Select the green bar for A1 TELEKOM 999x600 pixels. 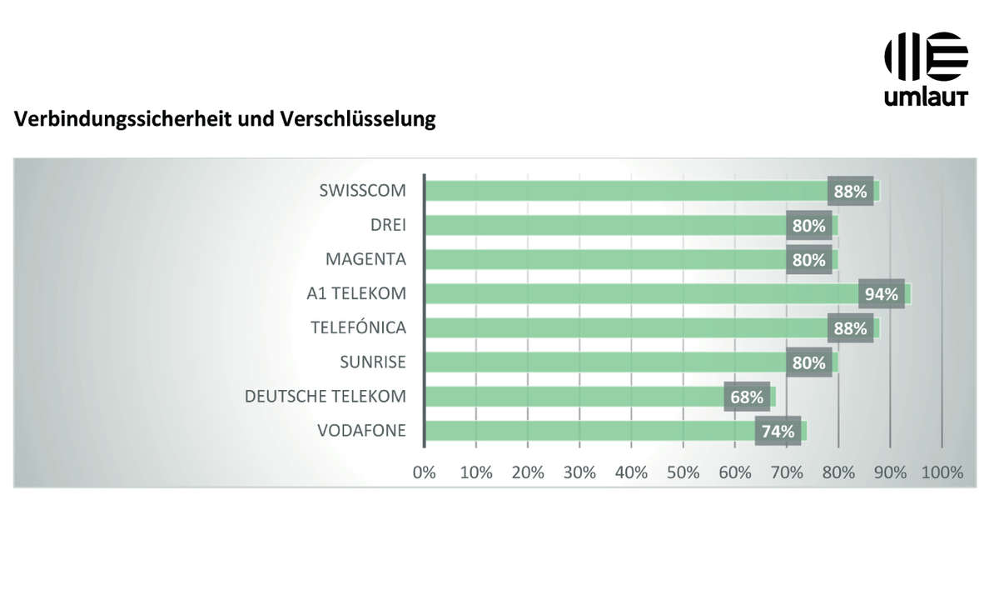(x=641, y=294)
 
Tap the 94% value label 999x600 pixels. (x=882, y=294)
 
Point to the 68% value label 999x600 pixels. (x=747, y=397)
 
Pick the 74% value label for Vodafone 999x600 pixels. (x=778, y=432)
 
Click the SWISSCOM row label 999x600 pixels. (x=362, y=191)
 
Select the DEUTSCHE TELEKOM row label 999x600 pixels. (x=326, y=397)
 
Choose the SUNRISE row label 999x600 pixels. (x=373, y=362)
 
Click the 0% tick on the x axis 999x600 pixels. (x=425, y=472)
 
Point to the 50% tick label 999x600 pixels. (x=683, y=472)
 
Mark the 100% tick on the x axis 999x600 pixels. (x=942, y=472)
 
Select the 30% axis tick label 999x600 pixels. (x=579, y=472)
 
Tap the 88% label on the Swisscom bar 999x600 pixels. (x=850, y=191)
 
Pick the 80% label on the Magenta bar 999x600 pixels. (x=809, y=260)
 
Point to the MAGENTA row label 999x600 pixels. (x=365, y=260)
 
